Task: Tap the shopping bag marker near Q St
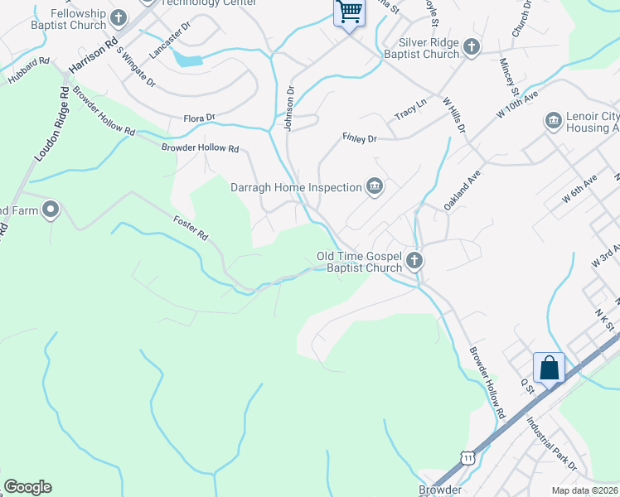coord(549,367)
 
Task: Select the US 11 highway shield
coord(469,458)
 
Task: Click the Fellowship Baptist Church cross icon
coord(119,17)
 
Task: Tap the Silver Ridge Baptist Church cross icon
coord(472,46)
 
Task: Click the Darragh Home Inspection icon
coord(375,187)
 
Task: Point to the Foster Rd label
coord(190,229)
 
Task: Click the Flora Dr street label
coord(199,118)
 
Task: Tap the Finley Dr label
coord(359,138)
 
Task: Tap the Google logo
coord(27,487)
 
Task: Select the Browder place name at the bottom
coord(439,490)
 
